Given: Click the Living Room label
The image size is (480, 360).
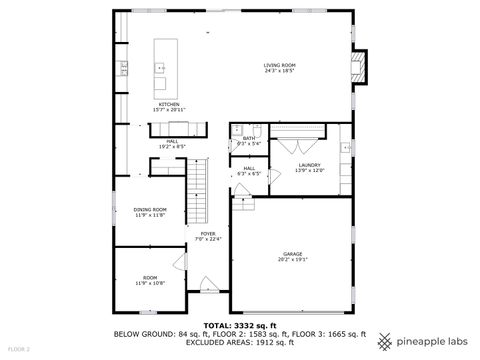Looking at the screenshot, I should point(279,69).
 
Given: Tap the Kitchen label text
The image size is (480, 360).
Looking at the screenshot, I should point(167,106).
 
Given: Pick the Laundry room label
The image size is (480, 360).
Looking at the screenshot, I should point(308,167).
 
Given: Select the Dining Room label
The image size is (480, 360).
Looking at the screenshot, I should point(150,211).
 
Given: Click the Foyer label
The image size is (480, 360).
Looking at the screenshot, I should point(206,238).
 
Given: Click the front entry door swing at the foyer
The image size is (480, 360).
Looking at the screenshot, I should point(208,283).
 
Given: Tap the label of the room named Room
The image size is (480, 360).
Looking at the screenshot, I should point(150,279).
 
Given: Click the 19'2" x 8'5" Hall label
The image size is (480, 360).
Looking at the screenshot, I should point(172,143).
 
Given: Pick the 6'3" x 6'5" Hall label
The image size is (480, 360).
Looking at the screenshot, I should point(249,171).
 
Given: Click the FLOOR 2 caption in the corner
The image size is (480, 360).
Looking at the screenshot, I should point(19,349).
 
